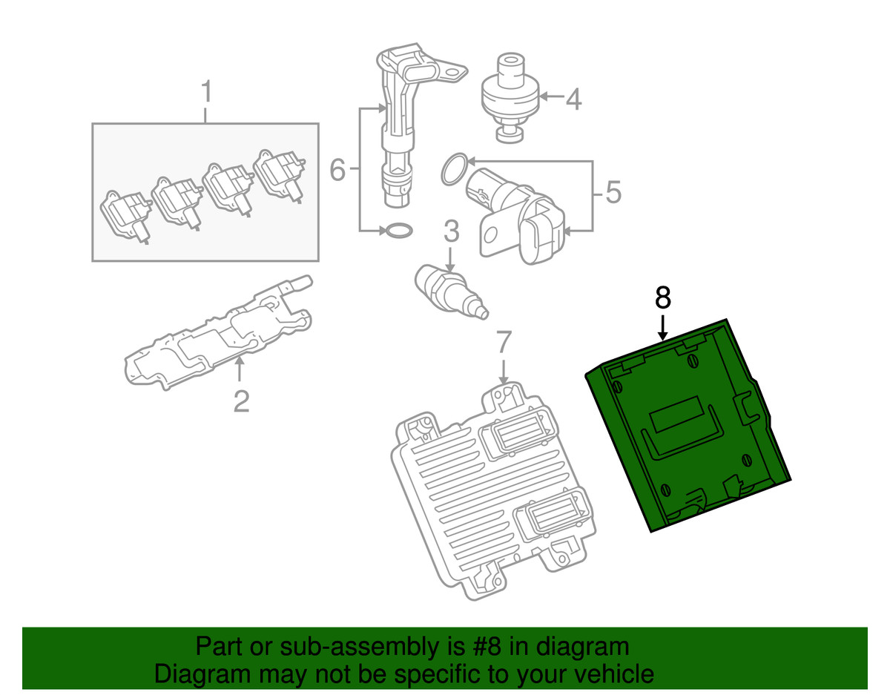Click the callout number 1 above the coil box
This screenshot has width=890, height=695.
tap(207, 94)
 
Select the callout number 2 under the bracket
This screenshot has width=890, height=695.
tap(241, 401)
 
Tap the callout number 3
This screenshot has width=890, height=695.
tap(451, 231)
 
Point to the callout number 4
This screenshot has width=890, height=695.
tap(573, 99)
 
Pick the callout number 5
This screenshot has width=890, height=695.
tap(612, 193)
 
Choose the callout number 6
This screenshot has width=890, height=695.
tap(337, 171)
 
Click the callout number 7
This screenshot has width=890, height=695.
tap(503, 342)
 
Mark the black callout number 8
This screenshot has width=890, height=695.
tap(663, 297)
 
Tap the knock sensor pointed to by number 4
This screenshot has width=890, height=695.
tap(508, 96)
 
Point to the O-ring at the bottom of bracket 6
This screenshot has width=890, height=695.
tap(398, 231)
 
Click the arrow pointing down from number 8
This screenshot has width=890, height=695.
tap(663, 326)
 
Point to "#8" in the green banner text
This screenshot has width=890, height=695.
tap(485, 646)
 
